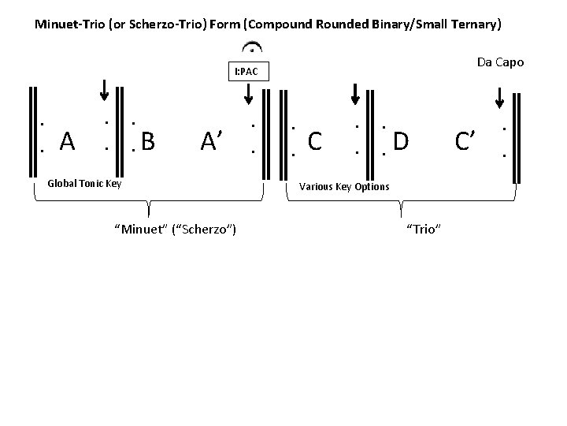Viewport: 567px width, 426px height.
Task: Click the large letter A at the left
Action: point(67,142)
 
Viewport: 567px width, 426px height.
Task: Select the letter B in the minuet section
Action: point(147,142)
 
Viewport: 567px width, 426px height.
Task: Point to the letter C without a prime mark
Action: point(315,142)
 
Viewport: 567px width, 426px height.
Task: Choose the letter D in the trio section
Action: point(401,142)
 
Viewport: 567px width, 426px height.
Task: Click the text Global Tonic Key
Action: point(84,183)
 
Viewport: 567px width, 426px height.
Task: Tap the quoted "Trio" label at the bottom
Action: point(423,229)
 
